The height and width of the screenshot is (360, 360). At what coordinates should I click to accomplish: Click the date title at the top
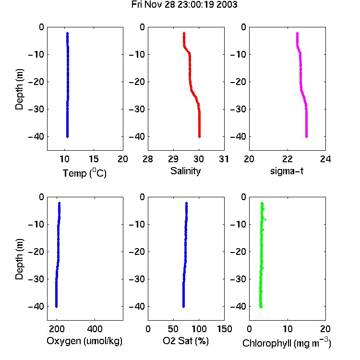[x=184, y=5]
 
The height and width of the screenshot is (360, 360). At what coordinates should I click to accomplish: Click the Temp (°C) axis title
[x=84, y=173]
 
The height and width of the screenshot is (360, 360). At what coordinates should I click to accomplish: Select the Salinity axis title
[x=185, y=171]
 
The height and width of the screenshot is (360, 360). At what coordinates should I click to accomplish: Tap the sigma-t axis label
[x=287, y=171]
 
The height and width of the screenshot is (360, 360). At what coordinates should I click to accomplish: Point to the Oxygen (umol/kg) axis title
[x=84, y=341]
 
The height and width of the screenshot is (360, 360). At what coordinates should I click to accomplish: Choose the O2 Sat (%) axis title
[x=186, y=341]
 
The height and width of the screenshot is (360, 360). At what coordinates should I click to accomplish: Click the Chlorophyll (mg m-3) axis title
[x=287, y=343]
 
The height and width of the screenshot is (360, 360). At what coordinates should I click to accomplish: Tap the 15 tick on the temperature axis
[x=94, y=159]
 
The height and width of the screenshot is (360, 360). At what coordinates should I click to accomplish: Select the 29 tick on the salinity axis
[x=173, y=159]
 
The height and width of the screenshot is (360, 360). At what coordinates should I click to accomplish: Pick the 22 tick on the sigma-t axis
[x=288, y=159]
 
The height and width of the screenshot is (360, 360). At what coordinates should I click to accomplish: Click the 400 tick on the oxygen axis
[x=95, y=329]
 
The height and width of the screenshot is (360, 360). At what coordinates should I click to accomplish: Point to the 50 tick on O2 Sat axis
[x=173, y=329]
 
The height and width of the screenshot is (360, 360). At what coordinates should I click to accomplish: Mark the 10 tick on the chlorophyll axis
[x=288, y=329]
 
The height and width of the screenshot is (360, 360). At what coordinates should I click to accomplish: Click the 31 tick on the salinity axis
[x=224, y=159]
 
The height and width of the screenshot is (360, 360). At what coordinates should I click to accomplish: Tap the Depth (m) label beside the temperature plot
[x=19, y=89]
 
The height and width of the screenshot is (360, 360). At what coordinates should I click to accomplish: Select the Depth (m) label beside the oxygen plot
[x=19, y=259]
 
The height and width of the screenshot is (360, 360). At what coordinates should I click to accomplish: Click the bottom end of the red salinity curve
[x=200, y=137]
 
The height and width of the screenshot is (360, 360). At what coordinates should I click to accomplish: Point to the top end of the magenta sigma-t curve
[x=297, y=33]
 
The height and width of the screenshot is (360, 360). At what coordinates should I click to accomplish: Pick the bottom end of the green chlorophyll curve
[x=261, y=307]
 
